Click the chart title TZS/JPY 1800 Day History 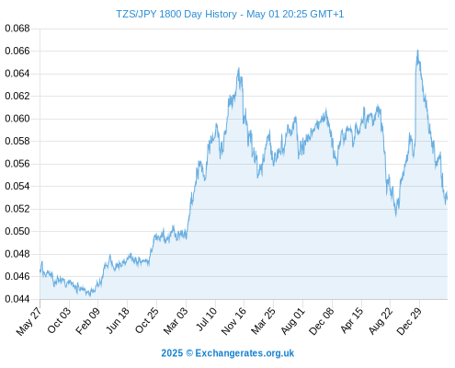point(176,14)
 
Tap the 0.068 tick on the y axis point(17,29)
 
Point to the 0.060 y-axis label point(17,119)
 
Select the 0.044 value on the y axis point(17,299)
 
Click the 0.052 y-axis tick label point(17,209)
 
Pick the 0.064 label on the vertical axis point(17,74)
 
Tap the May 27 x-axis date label point(28,321)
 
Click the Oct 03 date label point(59,320)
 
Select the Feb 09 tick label point(87,320)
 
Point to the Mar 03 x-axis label point(176,320)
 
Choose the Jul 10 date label point(206,319)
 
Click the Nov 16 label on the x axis point(233,321)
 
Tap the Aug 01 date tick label point(293,321)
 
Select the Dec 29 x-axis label point(409,321)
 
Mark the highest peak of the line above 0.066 point(417,51)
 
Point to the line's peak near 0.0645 point(239,68)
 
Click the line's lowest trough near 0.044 point(90,295)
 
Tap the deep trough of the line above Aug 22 point(396,215)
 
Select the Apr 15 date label point(352,320)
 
